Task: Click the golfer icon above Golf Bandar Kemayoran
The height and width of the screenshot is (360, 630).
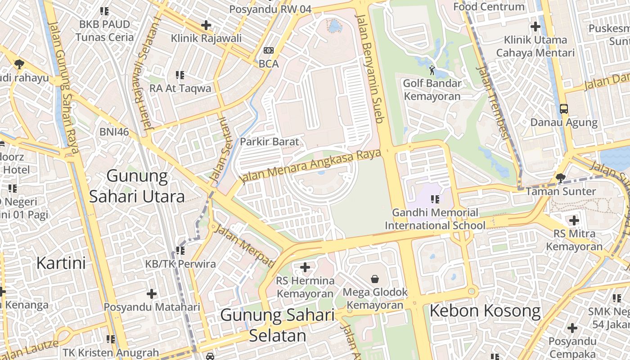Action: pos(432,70)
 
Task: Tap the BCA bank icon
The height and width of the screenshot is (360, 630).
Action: pos(269,51)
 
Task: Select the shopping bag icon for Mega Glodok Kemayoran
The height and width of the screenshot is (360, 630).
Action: pos(375,279)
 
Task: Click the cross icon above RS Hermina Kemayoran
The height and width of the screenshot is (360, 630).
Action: pos(305,268)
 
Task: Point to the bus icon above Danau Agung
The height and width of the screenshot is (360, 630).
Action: pos(563,109)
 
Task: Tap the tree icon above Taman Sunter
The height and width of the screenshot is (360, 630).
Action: pos(561,178)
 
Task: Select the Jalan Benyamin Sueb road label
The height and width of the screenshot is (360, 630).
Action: pos(371,67)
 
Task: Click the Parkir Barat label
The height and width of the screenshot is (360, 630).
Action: pos(269,142)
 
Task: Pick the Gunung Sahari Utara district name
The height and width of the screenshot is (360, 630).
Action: pos(137,186)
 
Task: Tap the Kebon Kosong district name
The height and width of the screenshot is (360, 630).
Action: pos(485,311)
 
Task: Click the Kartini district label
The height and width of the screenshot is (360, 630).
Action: pos(61,263)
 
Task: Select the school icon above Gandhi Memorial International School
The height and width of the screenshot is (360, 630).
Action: pos(435,199)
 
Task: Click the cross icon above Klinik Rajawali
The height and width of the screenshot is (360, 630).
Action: pos(206,25)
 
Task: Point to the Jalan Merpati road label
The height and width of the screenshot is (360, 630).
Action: pos(245,246)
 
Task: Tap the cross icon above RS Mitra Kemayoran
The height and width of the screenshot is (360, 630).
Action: pos(574,220)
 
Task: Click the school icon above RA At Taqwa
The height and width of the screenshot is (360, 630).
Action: pos(180,75)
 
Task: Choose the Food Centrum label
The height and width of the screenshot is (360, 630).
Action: pos(489,7)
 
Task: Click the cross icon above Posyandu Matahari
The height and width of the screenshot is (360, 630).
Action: pos(152,294)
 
